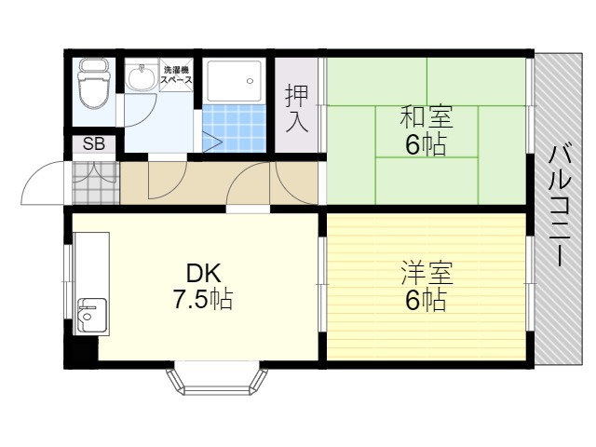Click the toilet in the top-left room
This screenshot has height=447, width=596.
[93, 83]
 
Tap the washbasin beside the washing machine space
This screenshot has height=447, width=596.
[142, 74]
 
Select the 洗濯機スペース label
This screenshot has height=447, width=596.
[176, 74]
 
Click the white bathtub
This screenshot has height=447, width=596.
[234, 81]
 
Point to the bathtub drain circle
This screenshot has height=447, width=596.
[250, 81]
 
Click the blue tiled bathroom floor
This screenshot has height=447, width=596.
[234, 128]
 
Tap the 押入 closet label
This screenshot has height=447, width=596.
[297, 108]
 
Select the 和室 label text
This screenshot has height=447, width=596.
[427, 117]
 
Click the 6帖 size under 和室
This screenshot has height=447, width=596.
[426, 145]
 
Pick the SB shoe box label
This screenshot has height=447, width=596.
[94, 144]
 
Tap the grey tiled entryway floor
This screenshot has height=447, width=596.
[96, 183]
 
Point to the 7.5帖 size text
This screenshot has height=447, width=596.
[203, 299]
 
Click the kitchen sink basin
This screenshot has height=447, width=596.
[91, 315]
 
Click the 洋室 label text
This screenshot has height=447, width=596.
[427, 273]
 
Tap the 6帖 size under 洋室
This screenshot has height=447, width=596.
[426, 300]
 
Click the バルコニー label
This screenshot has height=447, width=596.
[559, 206]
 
